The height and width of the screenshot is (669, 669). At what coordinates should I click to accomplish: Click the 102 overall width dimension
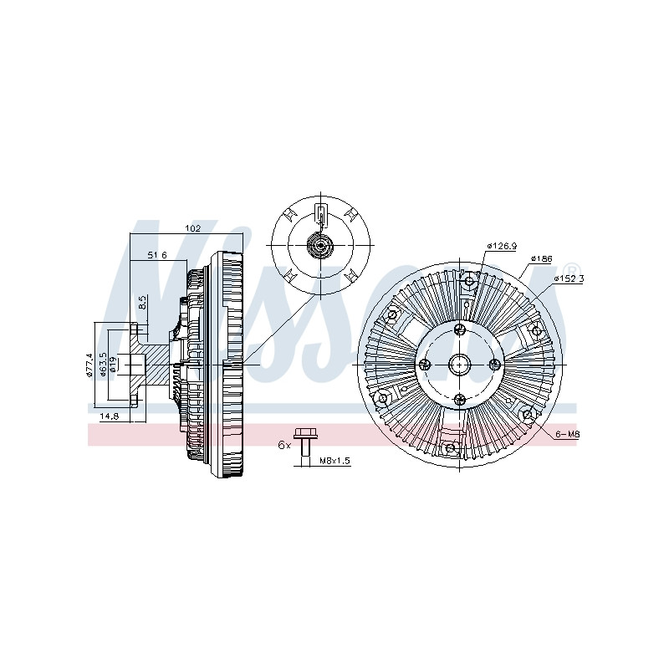pyautogui.click(x=192, y=228)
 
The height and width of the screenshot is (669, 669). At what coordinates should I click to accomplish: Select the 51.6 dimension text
pyautogui.click(x=157, y=255)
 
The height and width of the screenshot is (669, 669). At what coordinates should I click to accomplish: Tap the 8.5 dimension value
pyautogui.click(x=143, y=302)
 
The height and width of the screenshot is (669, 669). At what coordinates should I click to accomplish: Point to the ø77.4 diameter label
pyautogui.click(x=89, y=365)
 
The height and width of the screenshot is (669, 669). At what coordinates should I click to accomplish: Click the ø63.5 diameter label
pyautogui.click(x=103, y=365)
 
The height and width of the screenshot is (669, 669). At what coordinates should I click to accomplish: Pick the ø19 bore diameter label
pyautogui.click(x=114, y=365)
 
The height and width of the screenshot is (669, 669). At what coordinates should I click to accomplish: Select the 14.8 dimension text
pyautogui.click(x=110, y=416)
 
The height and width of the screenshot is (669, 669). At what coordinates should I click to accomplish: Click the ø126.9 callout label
pyautogui.click(x=502, y=246)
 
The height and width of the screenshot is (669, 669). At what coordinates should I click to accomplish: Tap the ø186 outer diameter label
pyautogui.click(x=541, y=258)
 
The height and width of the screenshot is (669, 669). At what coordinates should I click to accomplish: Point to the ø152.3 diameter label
pyautogui.click(x=569, y=278)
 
